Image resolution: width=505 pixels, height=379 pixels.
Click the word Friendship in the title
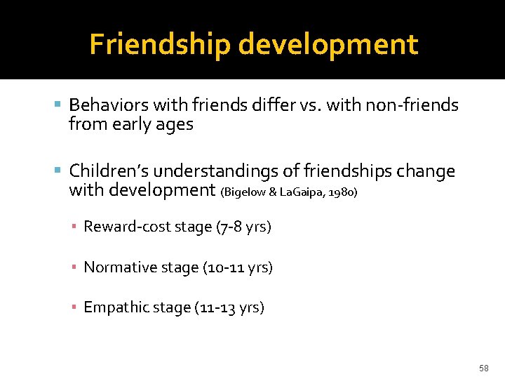pyautogui.click(x=160, y=45)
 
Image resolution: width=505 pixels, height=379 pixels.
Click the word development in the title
pyautogui.click(x=328, y=45)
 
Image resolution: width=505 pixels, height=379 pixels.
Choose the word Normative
pyautogui.click(x=121, y=267)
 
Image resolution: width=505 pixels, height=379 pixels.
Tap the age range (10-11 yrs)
pyautogui.click(x=237, y=267)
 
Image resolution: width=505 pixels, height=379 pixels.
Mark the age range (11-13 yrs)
pyautogui.click(x=229, y=307)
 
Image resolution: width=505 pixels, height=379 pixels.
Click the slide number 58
pyautogui.click(x=483, y=368)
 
